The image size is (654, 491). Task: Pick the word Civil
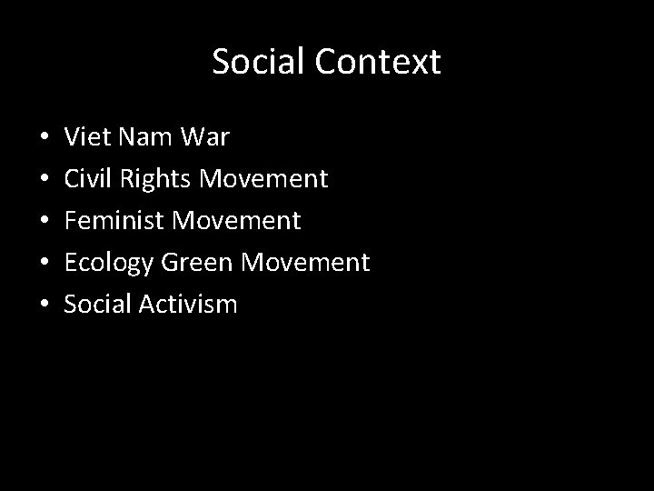85,179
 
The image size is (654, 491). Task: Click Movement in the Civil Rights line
263,179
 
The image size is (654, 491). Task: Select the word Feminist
114,221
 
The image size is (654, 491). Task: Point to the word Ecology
108,263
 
